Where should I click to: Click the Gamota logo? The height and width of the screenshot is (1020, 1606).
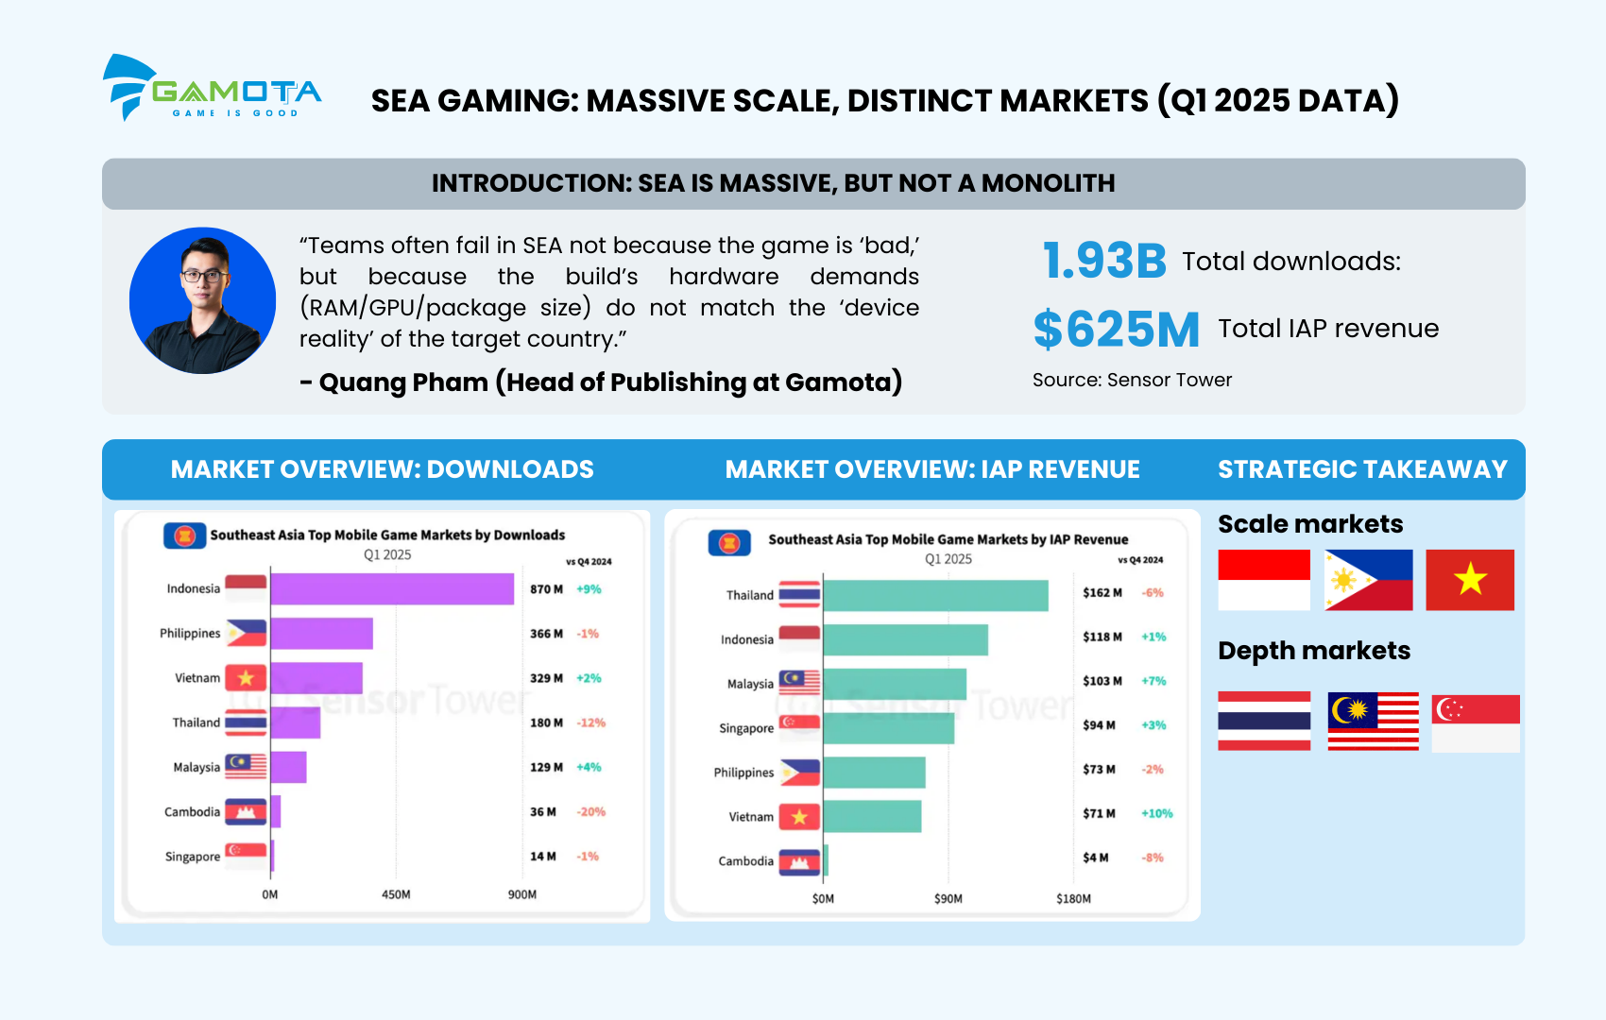tap(212, 88)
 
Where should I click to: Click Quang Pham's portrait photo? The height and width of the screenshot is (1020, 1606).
tap(202, 300)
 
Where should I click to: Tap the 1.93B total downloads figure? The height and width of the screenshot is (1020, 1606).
tap(1104, 261)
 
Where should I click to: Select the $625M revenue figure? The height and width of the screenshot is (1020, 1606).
tap(1116, 329)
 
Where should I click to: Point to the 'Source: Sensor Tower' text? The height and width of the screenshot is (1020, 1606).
tap(1132, 380)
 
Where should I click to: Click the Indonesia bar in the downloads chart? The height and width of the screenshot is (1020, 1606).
tap(392, 588)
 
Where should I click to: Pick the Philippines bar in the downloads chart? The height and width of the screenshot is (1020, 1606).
tap(321, 633)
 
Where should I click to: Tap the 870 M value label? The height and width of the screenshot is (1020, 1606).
tap(546, 589)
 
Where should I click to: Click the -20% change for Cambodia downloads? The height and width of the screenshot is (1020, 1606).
tap(591, 812)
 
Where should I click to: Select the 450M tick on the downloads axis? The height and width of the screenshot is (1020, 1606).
tap(396, 894)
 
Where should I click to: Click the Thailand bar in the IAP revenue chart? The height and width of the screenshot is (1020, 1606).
tap(935, 595)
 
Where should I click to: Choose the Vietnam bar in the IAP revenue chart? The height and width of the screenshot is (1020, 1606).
tap(872, 816)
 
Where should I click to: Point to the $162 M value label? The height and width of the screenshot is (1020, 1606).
tap(1102, 593)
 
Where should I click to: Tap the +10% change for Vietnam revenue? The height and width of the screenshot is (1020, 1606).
tap(1156, 813)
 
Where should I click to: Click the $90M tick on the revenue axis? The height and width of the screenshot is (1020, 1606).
tap(948, 899)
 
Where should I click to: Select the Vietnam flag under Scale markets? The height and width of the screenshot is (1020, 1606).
tap(1469, 580)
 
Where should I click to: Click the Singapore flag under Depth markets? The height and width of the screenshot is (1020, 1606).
tap(1475, 722)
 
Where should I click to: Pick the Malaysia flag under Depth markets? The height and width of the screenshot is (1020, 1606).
tap(1373, 721)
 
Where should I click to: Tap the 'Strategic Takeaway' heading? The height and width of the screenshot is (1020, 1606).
tap(1362, 469)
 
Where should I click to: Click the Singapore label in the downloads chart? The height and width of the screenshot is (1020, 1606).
tap(193, 857)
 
